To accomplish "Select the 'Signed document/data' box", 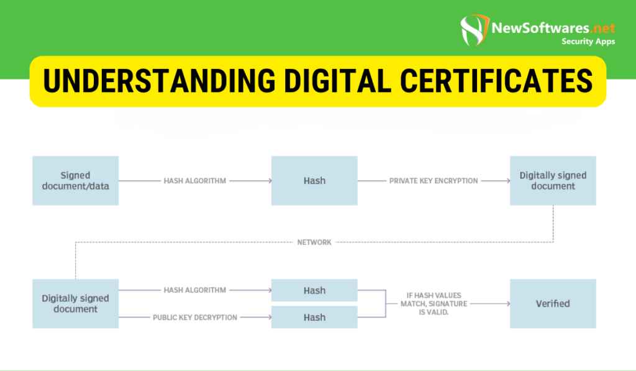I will tap(75, 180).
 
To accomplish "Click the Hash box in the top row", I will tap(314, 180).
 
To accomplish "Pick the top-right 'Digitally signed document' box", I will tap(553, 180).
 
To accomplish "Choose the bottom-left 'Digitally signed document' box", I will tap(75, 303).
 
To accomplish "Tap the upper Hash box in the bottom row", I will tap(314, 290).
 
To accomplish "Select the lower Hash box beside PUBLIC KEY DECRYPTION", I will tap(314, 317).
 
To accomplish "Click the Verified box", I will tap(553, 303).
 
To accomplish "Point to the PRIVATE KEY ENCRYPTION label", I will tap(434, 181).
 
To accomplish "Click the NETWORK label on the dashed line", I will tap(314, 242).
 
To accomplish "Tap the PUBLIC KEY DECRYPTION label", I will tap(195, 318).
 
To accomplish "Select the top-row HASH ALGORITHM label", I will tap(195, 181).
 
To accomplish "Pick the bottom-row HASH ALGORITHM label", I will tap(195, 290).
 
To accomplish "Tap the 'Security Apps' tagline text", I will tap(588, 42).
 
